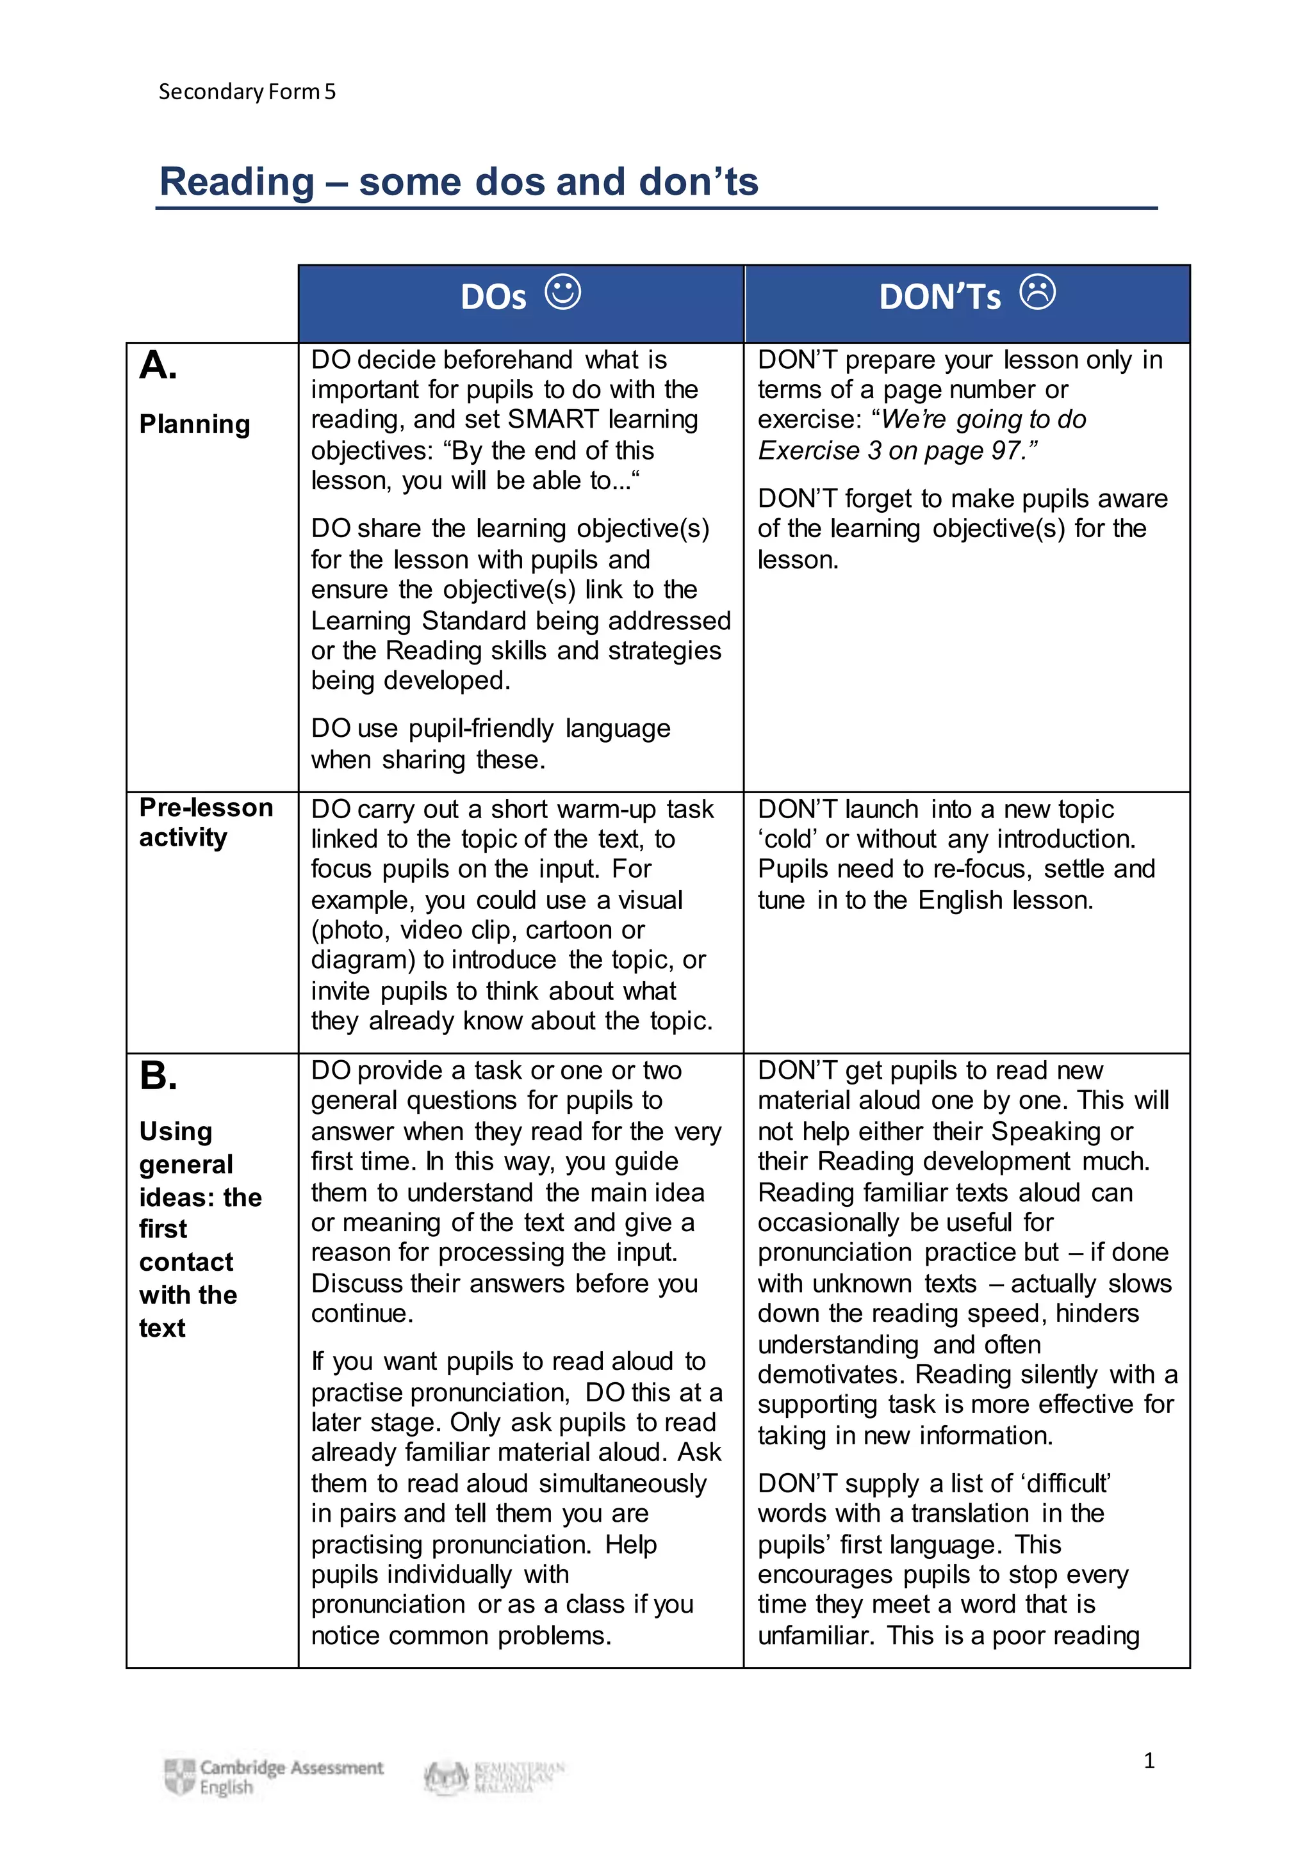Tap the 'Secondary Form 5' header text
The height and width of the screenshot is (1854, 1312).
click(247, 92)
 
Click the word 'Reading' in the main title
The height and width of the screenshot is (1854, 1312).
click(236, 182)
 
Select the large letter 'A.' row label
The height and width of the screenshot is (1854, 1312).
click(158, 366)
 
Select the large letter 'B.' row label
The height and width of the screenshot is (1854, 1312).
click(158, 1076)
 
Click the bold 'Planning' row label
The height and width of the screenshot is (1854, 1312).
click(195, 424)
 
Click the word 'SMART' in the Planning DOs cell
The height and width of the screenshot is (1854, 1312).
click(553, 420)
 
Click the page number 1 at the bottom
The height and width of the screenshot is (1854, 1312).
click(1149, 1761)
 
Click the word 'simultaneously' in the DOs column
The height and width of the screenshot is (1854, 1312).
click(622, 1483)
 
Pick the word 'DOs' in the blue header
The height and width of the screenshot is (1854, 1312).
click(493, 297)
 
